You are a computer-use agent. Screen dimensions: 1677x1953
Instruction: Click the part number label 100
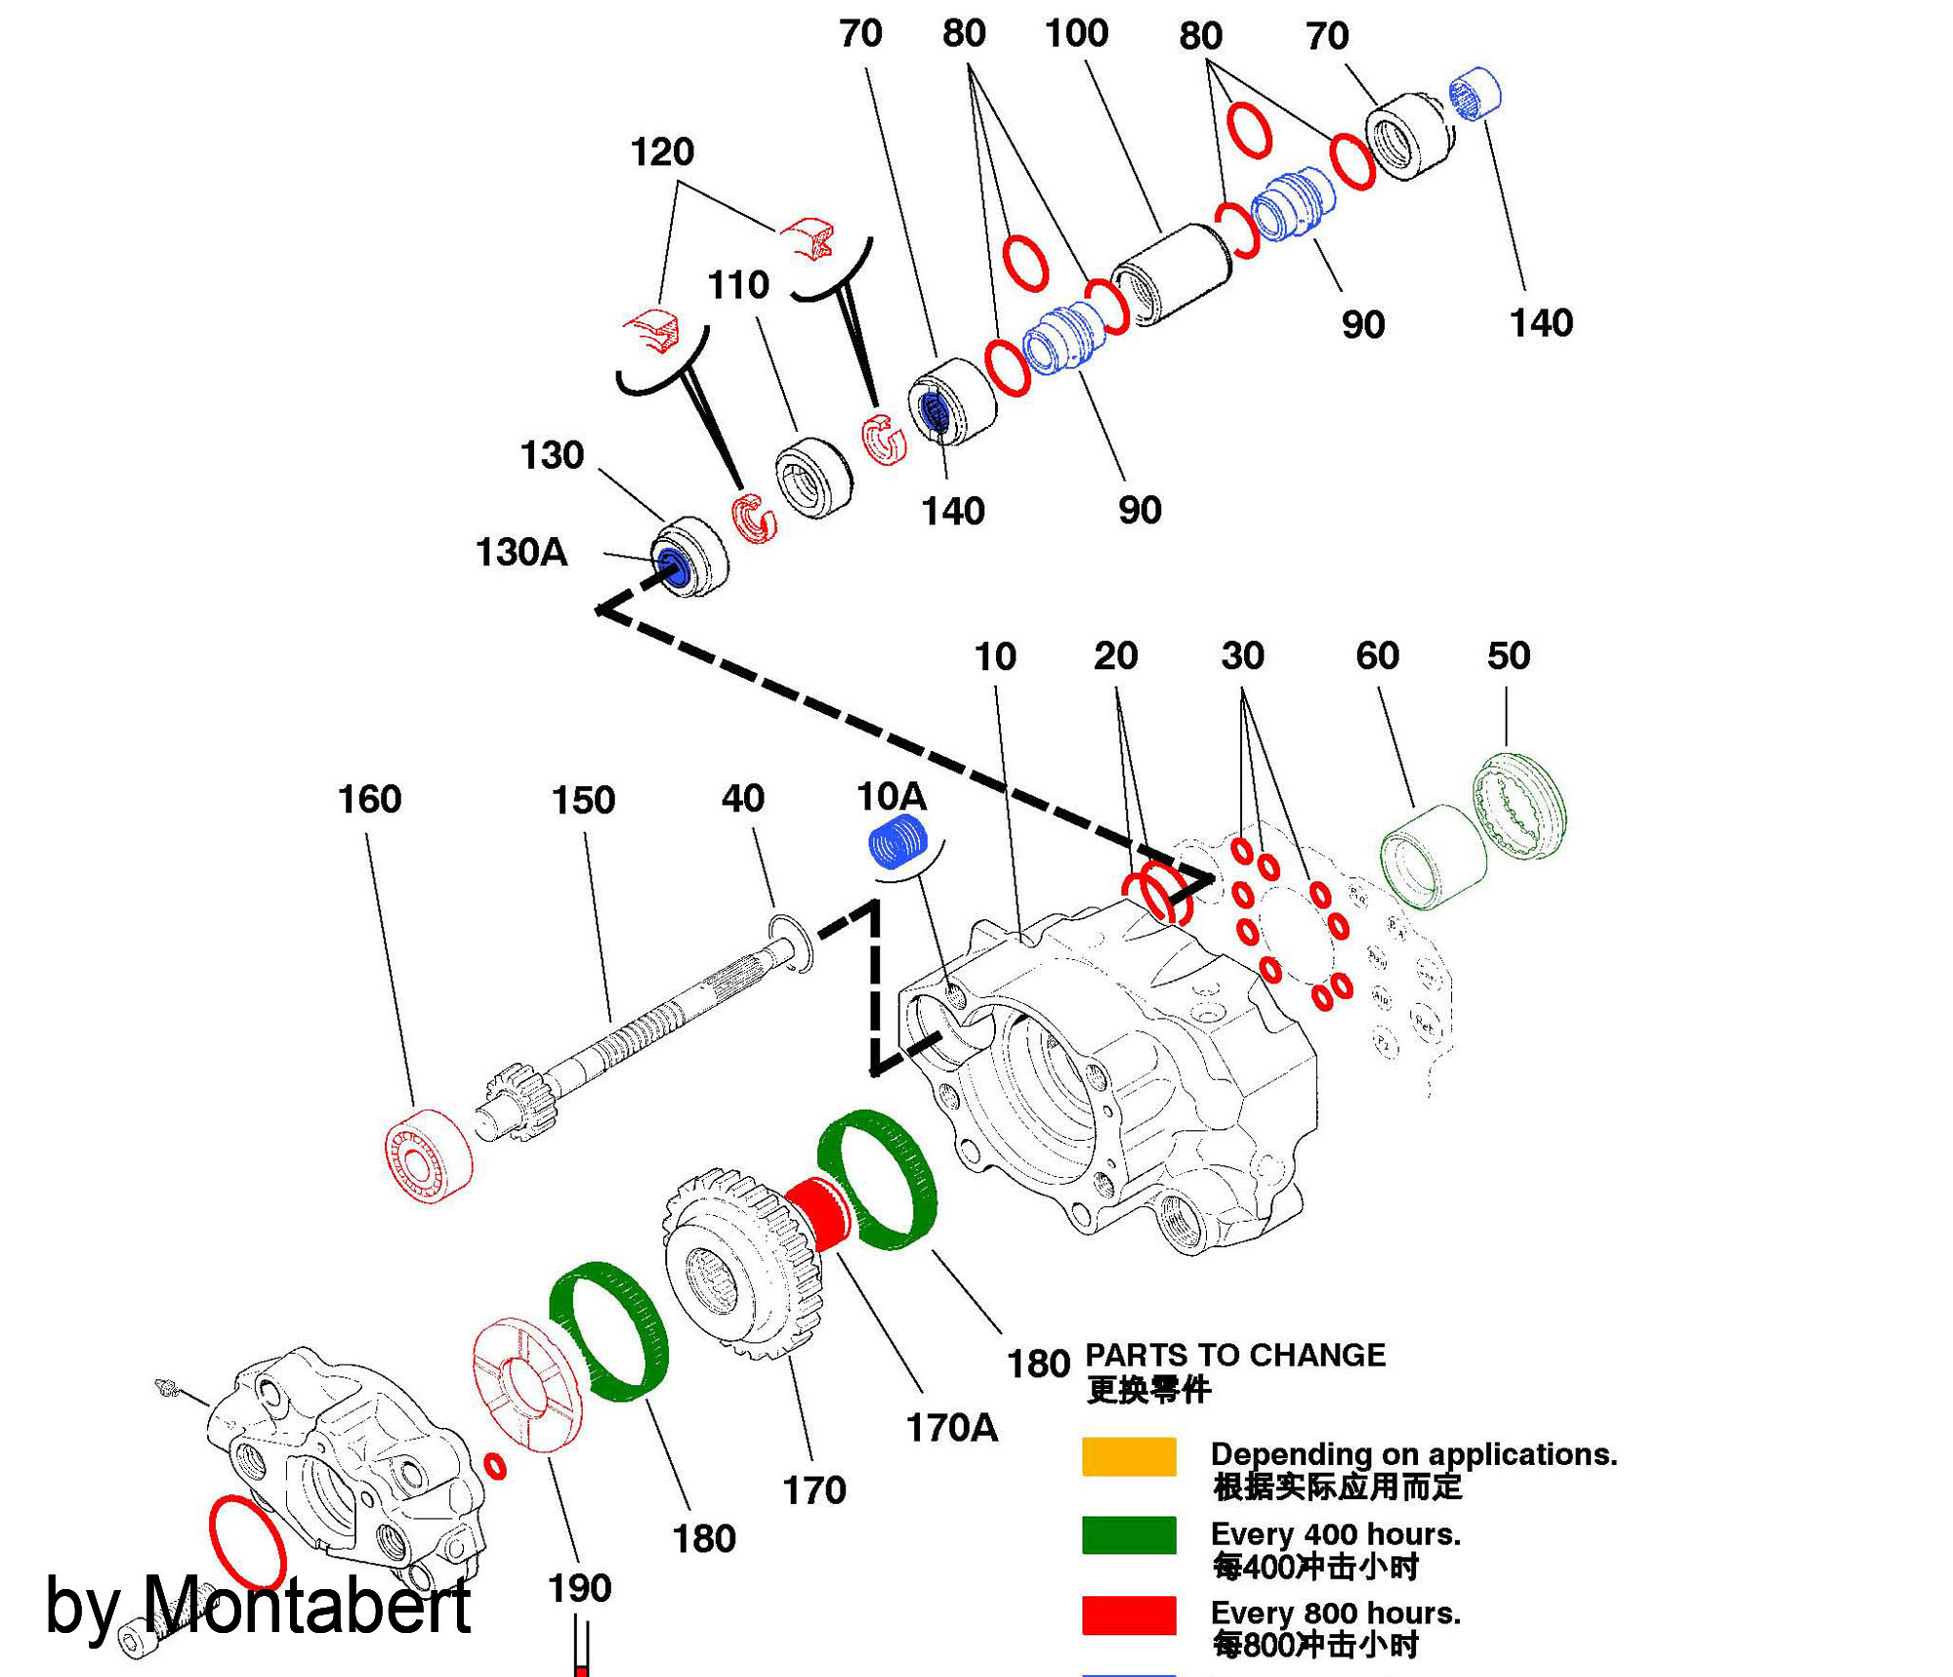click(1076, 34)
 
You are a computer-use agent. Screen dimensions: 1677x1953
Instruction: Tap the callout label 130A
click(520, 553)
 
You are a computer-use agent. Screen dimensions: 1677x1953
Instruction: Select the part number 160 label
click(369, 800)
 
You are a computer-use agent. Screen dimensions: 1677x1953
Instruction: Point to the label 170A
click(951, 1429)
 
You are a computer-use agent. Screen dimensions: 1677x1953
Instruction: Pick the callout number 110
click(738, 285)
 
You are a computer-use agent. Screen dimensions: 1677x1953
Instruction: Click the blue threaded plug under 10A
click(898, 843)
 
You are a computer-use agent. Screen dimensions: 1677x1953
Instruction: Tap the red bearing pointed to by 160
click(428, 1156)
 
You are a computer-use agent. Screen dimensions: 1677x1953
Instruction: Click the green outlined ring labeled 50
click(1518, 807)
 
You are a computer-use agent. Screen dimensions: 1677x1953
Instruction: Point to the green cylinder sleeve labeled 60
click(1433, 857)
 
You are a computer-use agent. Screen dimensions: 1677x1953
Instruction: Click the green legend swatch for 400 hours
click(1129, 1535)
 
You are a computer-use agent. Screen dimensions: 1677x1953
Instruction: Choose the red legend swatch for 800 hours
click(1129, 1615)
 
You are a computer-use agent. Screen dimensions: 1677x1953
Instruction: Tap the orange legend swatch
click(1129, 1456)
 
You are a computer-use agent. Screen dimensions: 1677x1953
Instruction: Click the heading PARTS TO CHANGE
click(1235, 1356)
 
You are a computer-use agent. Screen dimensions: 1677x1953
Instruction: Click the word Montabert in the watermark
click(306, 1607)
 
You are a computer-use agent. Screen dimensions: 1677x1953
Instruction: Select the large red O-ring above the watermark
click(247, 1542)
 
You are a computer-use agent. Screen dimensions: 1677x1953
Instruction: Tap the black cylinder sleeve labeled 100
click(1172, 273)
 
